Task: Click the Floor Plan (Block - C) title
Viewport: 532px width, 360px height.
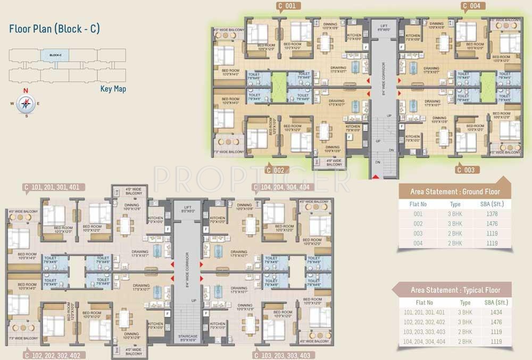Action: [x=54, y=29]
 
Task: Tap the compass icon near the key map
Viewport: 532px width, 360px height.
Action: [x=24, y=103]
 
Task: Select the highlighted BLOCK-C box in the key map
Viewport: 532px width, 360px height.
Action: [x=55, y=55]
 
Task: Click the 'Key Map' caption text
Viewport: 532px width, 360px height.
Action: [x=113, y=89]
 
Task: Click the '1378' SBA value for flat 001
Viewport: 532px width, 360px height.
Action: [x=491, y=214]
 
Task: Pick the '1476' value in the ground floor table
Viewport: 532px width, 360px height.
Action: [x=491, y=224]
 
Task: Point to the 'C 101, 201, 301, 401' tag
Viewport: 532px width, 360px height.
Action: [x=52, y=187]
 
